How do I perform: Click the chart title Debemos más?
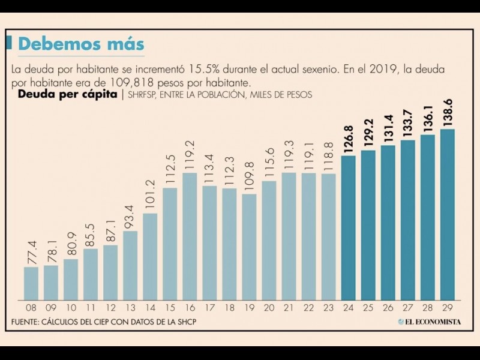(81, 44)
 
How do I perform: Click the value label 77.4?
(31, 249)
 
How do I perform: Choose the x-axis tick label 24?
(348, 307)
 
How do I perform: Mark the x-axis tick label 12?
(110, 307)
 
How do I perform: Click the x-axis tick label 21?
(289, 307)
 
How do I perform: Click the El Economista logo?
(429, 322)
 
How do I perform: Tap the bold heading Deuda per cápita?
(67, 94)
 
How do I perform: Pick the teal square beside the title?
(10, 43)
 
